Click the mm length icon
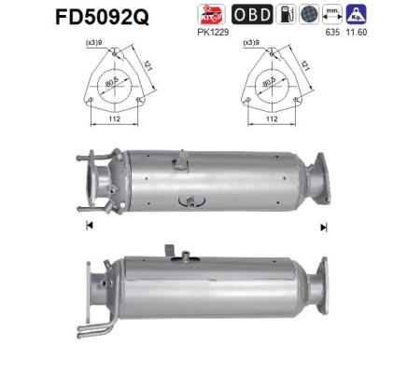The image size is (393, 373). click(356, 14)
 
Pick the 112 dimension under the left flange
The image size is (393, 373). click(113, 119)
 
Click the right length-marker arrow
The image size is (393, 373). click(324, 227)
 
